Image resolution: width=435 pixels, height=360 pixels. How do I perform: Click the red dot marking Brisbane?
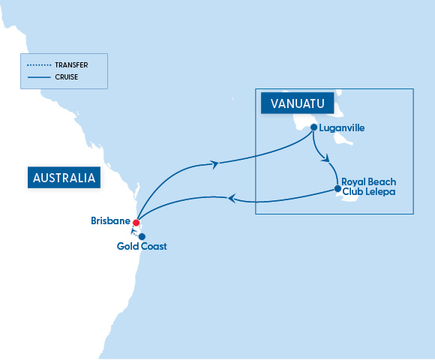pyautogui.click(x=136, y=222)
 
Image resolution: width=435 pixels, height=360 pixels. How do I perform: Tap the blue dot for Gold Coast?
pyautogui.click(x=142, y=235)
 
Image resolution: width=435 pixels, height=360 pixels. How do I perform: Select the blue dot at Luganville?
pyautogui.click(x=313, y=127)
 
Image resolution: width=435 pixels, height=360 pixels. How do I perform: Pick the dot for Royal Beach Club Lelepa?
pyautogui.click(x=337, y=188)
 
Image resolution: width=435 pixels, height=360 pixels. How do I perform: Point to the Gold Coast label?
pyautogui.click(x=142, y=247)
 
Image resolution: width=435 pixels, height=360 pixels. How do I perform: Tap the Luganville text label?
pyautogui.click(x=341, y=128)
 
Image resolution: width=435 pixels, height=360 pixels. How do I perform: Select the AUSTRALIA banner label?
pyautogui.click(x=64, y=178)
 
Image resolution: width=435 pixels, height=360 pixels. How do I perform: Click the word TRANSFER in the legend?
pyautogui.click(x=72, y=64)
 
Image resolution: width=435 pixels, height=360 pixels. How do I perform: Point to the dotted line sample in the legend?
pyautogui.click(x=38, y=64)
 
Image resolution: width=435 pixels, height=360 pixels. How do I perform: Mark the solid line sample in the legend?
pyautogui.click(x=38, y=76)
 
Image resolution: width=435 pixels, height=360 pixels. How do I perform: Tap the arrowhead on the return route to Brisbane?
pyautogui.click(x=232, y=199)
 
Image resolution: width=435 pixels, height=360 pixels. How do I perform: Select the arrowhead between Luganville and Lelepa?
pyautogui.click(x=325, y=157)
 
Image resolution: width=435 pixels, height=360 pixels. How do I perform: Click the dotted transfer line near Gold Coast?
pyautogui.click(x=137, y=231)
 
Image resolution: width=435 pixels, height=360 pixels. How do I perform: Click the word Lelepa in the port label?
pyautogui.click(x=379, y=192)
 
